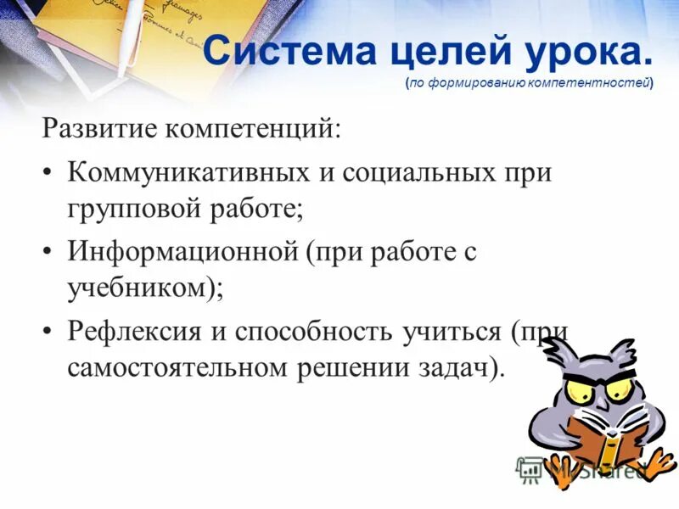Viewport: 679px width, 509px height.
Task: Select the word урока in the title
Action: tap(586, 53)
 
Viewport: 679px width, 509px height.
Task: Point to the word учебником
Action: tap(139, 287)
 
